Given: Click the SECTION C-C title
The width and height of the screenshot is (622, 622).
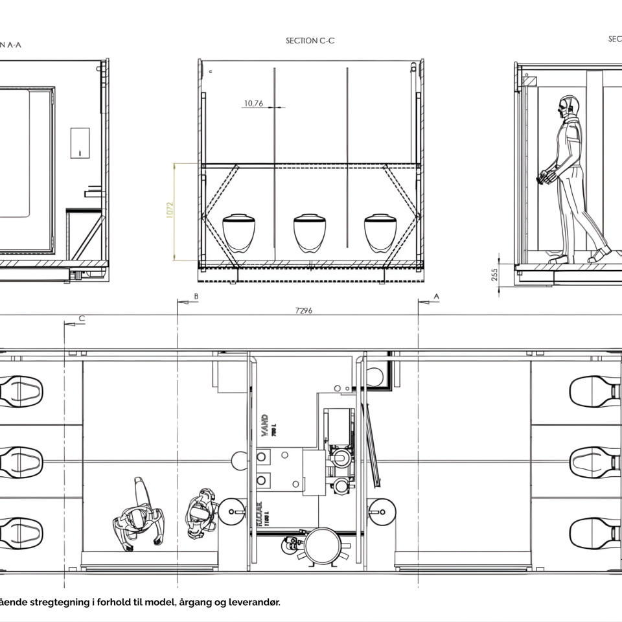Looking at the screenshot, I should [x=310, y=40].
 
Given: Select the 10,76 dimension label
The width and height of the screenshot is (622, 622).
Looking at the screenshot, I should [x=253, y=103].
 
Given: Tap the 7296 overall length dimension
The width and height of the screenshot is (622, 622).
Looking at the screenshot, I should [x=303, y=310].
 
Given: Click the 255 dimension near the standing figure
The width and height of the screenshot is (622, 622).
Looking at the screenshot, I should [x=495, y=273].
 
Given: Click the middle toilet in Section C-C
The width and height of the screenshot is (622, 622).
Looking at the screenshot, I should [x=310, y=233].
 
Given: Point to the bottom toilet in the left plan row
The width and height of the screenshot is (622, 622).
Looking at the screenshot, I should [x=21, y=531].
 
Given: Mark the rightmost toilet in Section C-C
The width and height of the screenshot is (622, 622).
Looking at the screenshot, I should [x=380, y=233].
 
